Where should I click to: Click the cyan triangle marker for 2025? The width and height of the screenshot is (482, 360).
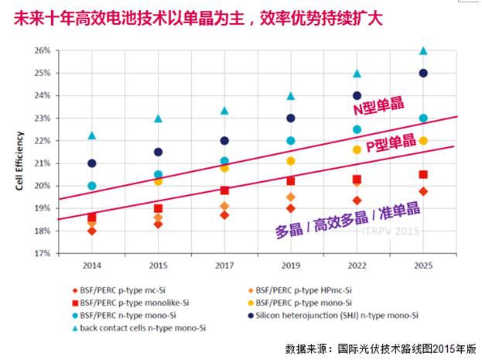[423, 51]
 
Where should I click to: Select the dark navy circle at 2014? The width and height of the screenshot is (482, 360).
[92, 163]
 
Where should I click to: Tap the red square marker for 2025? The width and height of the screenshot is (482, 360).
[423, 175]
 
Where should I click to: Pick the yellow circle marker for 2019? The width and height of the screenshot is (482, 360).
[291, 161]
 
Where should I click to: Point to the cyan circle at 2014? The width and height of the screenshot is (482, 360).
[92, 186]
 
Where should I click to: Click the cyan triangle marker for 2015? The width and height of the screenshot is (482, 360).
[158, 118]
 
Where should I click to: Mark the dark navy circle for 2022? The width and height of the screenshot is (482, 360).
[357, 96]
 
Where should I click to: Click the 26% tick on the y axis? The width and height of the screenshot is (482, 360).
[44, 51]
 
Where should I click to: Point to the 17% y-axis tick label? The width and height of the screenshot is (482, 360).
[44, 253]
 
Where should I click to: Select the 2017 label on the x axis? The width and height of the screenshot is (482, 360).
[224, 266]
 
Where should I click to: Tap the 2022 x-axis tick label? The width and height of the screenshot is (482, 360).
[357, 266]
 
